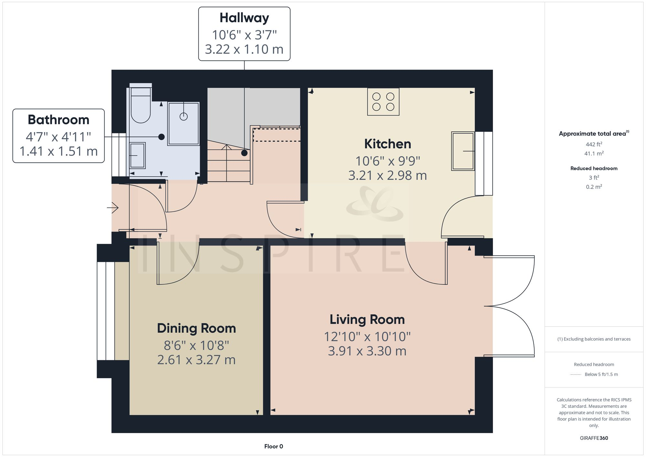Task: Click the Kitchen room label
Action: coord(387,144)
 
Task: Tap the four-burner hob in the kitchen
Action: coord(383,102)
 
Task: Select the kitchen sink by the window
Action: coord(463,151)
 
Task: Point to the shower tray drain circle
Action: coord(183,117)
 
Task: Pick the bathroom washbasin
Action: coord(137,155)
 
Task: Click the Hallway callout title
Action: coord(244,18)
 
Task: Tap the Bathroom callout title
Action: coord(58,120)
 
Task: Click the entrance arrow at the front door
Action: coord(113,208)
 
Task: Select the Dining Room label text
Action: coord(196,328)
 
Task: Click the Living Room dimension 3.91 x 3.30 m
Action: coord(367,351)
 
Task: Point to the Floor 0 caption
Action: coord(274,446)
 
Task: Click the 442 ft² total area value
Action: coord(594,144)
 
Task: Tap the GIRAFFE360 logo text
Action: coord(594,438)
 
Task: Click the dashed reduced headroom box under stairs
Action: coord(276,135)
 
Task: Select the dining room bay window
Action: coord(106,311)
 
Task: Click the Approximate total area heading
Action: coord(592,134)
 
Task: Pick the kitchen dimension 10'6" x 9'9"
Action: coord(387,161)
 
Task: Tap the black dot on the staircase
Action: coord(245,153)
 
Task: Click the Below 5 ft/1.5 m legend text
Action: coord(601,374)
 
